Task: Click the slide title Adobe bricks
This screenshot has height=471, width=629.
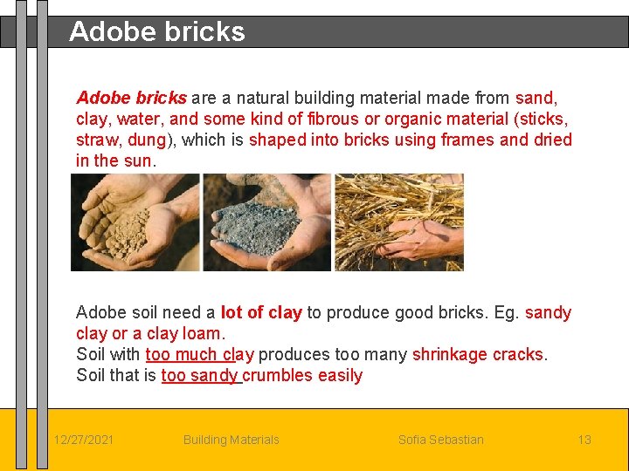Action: pos(157,32)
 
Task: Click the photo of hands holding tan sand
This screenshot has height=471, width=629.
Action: pos(135,222)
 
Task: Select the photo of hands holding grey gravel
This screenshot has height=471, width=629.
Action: pos(266,222)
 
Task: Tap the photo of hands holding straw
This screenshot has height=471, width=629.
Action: pos(399,222)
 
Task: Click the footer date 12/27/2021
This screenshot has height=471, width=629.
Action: pos(83,440)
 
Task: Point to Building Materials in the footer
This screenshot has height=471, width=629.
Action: pos(231,440)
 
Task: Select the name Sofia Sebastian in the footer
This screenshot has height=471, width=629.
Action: pos(440,440)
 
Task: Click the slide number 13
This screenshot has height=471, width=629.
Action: pos(584,440)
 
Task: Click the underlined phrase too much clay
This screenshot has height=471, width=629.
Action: pos(199,355)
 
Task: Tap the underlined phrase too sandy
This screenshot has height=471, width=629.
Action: pos(199,376)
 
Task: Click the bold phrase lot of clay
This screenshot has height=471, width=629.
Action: pos(261,313)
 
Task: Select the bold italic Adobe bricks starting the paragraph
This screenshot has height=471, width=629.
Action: pos(131,98)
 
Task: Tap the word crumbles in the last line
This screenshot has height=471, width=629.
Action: pos(280,376)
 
